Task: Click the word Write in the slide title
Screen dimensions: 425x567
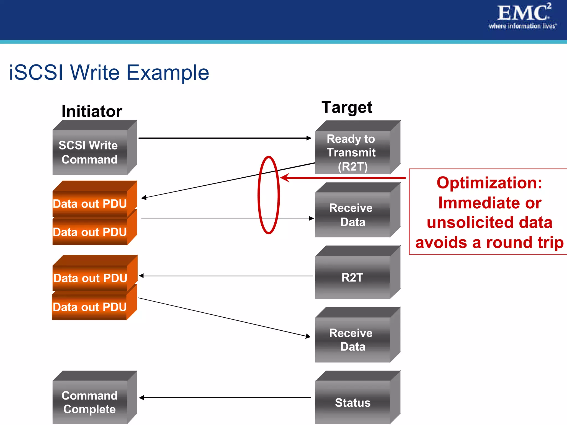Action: [95, 72]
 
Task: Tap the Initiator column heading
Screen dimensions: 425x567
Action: [92, 111]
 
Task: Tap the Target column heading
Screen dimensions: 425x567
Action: [347, 107]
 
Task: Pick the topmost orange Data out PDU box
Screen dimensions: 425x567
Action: [90, 203]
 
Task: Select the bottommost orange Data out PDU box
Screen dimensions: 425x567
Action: [90, 307]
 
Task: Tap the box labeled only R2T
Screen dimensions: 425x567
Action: [352, 277]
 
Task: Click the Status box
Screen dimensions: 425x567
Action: [352, 402]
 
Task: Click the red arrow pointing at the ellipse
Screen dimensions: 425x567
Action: [343, 178]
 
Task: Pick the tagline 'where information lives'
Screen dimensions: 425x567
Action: [522, 26]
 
